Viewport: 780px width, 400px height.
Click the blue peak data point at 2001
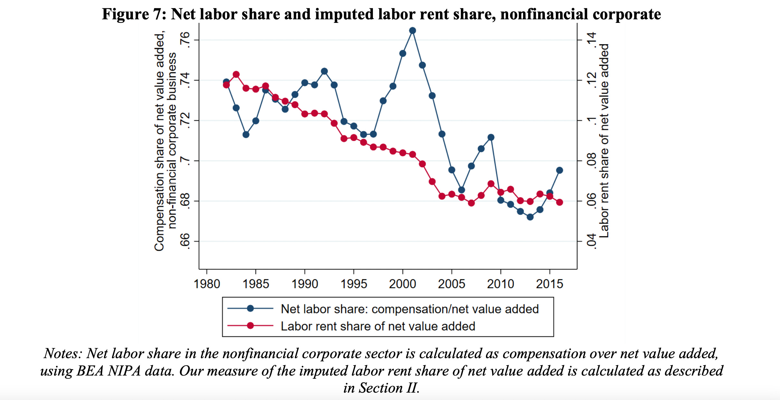412,31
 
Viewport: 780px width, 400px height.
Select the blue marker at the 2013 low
530,217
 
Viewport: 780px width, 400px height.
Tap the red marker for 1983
236,74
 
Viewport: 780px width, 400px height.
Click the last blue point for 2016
559,170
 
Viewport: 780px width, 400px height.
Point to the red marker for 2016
559,202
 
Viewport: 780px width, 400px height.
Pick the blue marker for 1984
246,135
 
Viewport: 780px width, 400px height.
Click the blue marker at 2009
491,138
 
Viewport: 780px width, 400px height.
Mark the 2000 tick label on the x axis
402,284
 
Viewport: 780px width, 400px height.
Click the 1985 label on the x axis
256,284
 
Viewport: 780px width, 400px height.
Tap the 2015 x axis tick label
549,284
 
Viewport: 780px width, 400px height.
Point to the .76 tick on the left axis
185,40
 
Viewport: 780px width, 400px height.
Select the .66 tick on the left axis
185,241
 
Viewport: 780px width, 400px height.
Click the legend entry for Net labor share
409,309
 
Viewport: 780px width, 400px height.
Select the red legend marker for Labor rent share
250,326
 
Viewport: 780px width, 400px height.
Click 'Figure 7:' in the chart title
134,14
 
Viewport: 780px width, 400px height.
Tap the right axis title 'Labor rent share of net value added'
604,141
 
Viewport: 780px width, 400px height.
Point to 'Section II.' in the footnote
381,388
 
